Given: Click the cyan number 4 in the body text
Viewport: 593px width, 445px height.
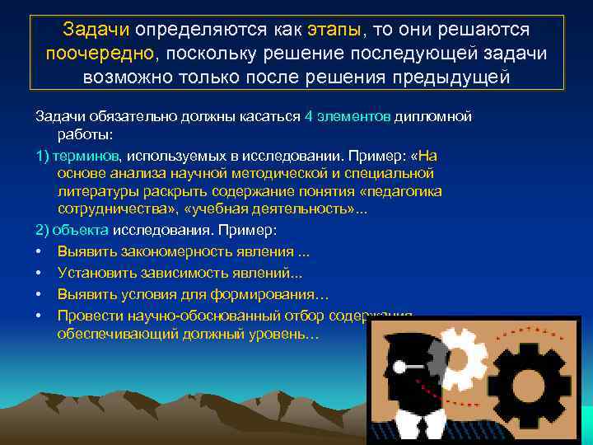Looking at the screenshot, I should [308, 116].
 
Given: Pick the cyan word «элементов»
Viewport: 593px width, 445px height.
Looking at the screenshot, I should [354, 116].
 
